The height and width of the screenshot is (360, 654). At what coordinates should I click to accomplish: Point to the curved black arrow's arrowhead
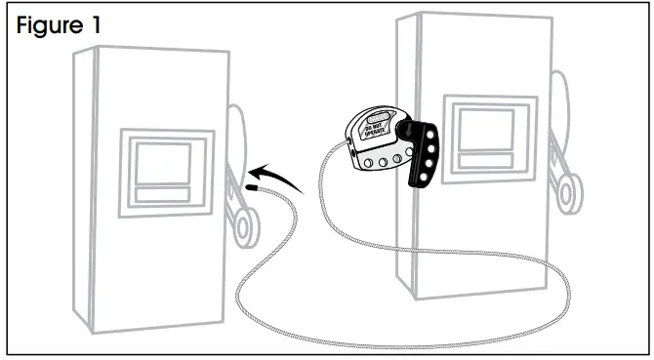point(251,169)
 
